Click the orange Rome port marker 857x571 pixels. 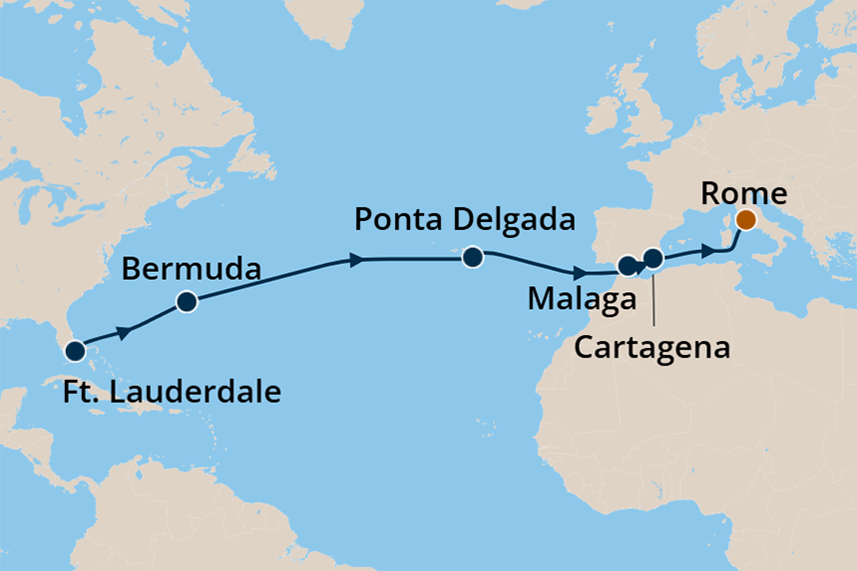(745, 220)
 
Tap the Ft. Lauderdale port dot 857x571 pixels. (75, 351)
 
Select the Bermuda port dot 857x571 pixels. (187, 302)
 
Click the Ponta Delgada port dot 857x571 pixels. (472, 258)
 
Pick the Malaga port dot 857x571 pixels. (627, 266)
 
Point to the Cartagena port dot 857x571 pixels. (652, 259)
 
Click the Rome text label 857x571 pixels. (744, 192)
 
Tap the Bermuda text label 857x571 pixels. (192, 269)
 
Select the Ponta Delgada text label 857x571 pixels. (466, 218)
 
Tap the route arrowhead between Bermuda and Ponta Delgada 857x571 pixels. (356, 261)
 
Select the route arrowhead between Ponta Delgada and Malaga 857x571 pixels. (580, 271)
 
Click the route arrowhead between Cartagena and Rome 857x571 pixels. (707, 253)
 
